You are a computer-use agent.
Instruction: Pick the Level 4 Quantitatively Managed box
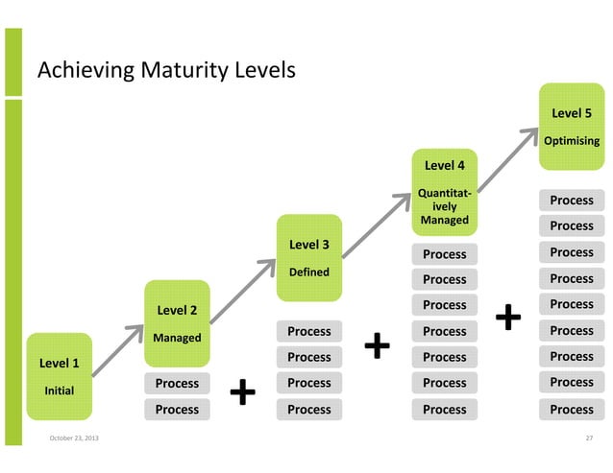pos(444,192)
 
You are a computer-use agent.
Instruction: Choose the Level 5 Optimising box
pos(571,126)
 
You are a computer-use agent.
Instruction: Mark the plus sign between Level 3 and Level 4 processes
pos(379,345)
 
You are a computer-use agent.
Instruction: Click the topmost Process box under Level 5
pos(572,201)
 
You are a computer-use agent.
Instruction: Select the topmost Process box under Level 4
pos(444,254)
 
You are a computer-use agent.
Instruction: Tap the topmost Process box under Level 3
pos(308,331)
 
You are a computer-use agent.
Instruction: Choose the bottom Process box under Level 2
pos(177,410)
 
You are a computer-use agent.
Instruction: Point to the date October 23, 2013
pos(72,439)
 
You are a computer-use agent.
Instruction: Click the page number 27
pos(590,439)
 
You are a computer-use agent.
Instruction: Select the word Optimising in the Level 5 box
pos(572,141)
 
